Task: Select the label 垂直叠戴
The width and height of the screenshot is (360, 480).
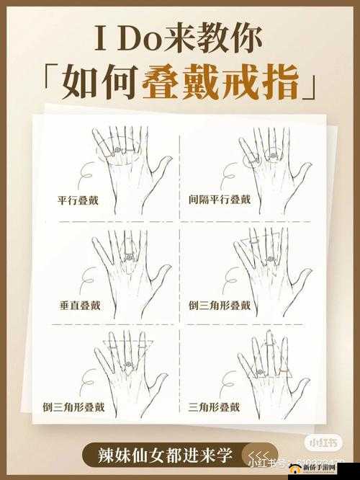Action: tap(80, 305)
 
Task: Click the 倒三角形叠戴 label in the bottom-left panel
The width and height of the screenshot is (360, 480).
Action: tap(75, 407)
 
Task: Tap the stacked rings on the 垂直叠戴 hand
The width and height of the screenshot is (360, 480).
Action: tap(129, 256)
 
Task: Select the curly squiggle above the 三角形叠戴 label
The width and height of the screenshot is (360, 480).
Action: tap(229, 382)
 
